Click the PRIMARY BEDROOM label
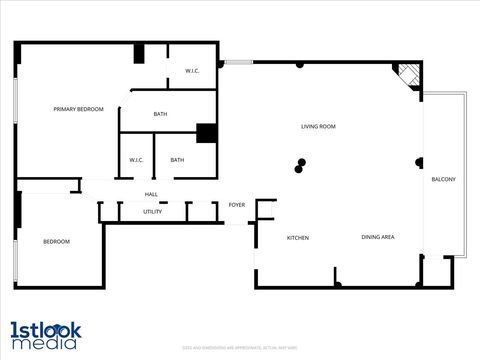78,109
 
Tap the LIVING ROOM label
318,127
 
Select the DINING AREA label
378,237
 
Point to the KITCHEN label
298,238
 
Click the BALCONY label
443,179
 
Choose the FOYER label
237,205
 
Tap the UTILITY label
152,212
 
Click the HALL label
151,194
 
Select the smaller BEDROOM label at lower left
56,242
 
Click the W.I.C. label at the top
193,71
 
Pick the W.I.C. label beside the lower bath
137,160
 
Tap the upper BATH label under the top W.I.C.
161,114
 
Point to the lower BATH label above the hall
177,160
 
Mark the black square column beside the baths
207,134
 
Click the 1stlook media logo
46,335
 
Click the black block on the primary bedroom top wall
141,54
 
